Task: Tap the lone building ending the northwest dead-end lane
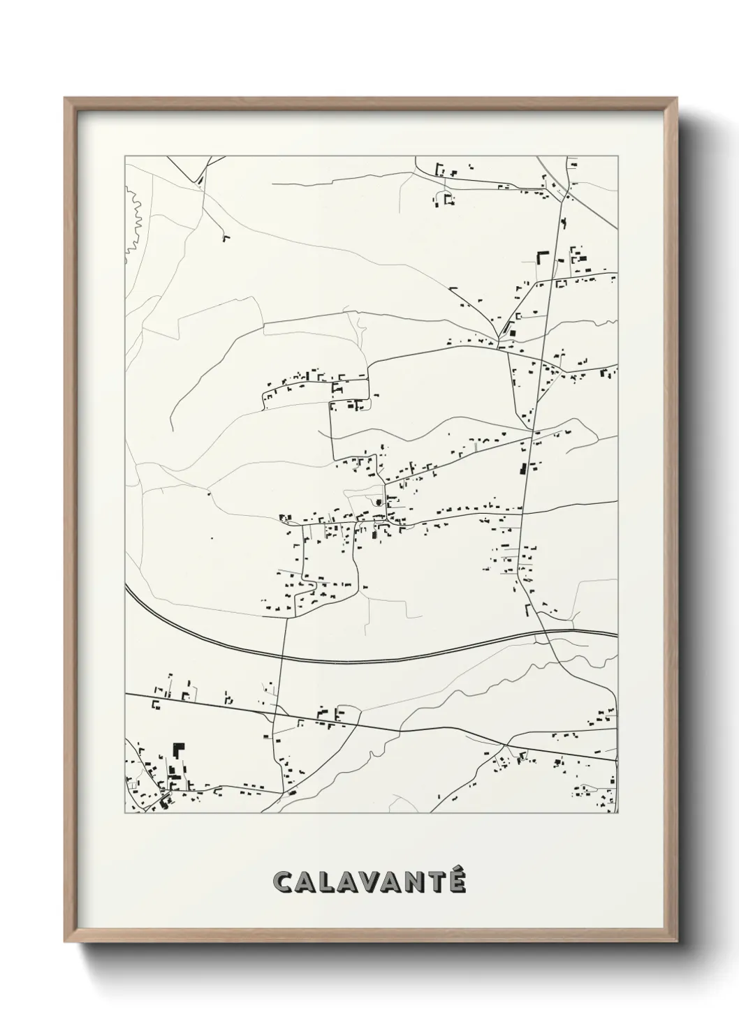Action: pyautogui.click(x=226, y=239)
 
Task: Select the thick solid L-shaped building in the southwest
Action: pyautogui.click(x=180, y=750)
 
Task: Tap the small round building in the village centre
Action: pyautogui.click(x=379, y=501)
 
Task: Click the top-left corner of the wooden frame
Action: pyautogui.click(x=66, y=98)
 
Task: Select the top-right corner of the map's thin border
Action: pyautogui.click(x=618, y=156)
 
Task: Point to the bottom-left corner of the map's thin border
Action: pyautogui.click(x=124, y=813)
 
